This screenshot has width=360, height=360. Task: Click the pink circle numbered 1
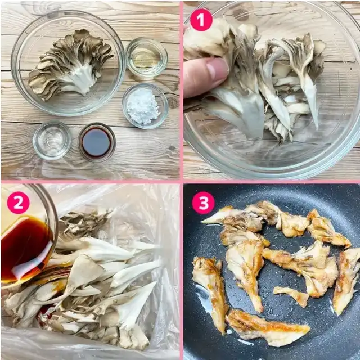(x=201, y=20)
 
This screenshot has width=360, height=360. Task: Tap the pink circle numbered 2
(x=18, y=202)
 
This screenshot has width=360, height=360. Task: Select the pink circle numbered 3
(x=204, y=203)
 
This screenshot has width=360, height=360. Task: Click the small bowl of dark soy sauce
(x=97, y=142)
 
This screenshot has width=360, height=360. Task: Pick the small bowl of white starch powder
(x=145, y=106)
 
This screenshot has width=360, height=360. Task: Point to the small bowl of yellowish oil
(x=146, y=57)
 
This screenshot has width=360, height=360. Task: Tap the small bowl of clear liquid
(x=52, y=140)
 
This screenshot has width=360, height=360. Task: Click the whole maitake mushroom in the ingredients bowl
(x=70, y=64)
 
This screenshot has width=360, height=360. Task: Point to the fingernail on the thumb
(x=217, y=69)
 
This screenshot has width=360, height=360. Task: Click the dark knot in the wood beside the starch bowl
(x=173, y=102)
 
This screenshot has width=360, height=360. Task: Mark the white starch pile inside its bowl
(x=143, y=106)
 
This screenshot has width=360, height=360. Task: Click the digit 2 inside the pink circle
(x=18, y=202)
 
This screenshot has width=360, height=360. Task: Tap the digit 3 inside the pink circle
(x=204, y=203)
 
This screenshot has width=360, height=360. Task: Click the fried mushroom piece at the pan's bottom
(x=268, y=328)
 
